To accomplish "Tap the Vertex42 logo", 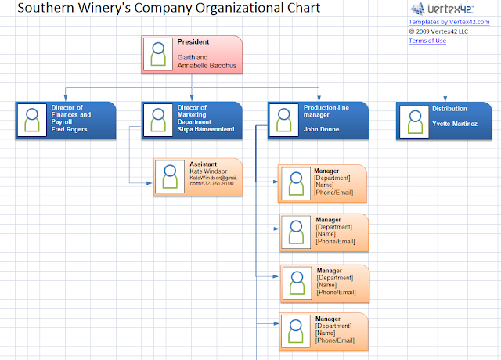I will [x=434, y=9].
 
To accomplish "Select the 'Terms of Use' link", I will [x=427, y=41].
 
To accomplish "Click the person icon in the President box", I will [x=159, y=54].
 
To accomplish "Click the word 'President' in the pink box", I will [x=193, y=41].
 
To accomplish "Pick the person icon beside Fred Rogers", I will [x=32, y=120].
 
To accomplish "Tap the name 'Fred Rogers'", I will [x=70, y=129].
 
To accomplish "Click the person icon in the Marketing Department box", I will [x=159, y=120].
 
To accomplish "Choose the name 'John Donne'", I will [x=321, y=129].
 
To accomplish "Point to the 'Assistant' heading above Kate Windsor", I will [x=204, y=164].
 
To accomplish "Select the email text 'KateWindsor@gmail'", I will [x=212, y=178].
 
